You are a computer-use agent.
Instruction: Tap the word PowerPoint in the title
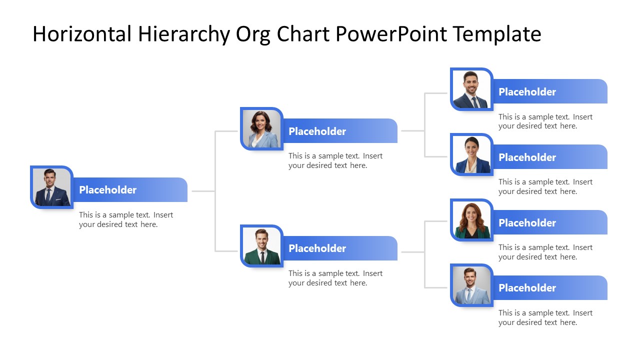coord(391,34)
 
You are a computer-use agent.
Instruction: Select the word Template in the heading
coord(497,34)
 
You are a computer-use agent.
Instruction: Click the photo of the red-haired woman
coord(471,220)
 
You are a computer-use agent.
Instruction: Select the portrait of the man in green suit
coord(261,246)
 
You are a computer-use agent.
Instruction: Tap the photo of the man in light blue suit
coord(471,285)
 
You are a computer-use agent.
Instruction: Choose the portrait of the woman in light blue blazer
coord(261,128)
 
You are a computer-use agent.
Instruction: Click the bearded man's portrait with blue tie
coord(471,89)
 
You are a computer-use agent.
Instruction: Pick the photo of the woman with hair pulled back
coord(471,154)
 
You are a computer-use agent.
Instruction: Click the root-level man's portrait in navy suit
coord(51,187)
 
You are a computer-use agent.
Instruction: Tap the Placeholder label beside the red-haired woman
coord(527,222)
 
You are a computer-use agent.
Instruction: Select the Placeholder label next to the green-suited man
coord(317,248)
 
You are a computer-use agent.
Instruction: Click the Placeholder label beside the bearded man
coord(527,92)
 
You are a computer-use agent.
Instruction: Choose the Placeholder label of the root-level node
coord(107,190)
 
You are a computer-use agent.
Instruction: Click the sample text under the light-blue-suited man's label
coord(545,317)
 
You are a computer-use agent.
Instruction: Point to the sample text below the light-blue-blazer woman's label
coord(335,160)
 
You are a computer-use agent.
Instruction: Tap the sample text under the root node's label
coord(125,219)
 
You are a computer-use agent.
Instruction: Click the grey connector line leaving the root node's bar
coord(202,191)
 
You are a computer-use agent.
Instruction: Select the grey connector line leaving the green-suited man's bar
coord(412,252)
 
